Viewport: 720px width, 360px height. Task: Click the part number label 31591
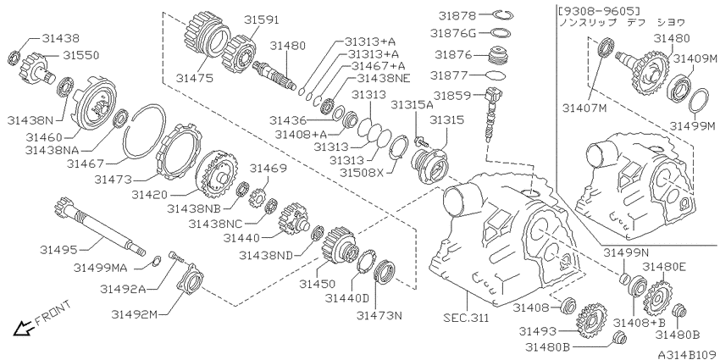tap(261, 20)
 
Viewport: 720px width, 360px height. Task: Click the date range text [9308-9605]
tap(598, 9)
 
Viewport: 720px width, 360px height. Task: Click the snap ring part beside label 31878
tap(506, 15)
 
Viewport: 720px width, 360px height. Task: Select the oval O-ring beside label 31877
tap(496, 75)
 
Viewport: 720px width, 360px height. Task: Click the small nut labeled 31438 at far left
tap(14, 58)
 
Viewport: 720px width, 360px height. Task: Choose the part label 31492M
tap(134, 314)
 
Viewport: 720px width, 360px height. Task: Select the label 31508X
tap(361, 173)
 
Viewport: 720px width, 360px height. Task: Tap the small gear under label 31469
tap(258, 198)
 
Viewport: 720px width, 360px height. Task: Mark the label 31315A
tap(412, 105)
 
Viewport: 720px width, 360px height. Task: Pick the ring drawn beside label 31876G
tap(501, 33)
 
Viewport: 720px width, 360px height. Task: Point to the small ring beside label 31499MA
tap(157, 260)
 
